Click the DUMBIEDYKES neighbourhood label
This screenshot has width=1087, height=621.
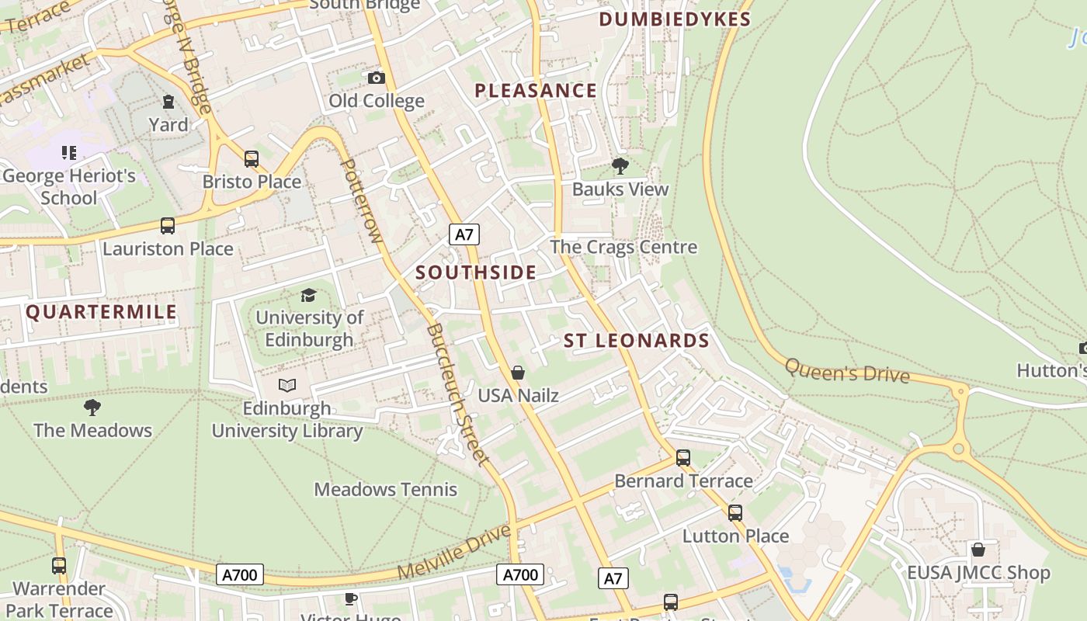675,19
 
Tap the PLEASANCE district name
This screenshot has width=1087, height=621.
536,91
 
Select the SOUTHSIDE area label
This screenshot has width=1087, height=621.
476,272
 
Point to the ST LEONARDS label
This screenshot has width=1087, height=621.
636,341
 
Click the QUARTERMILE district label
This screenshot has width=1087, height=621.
102,312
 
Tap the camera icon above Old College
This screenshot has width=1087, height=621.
377,78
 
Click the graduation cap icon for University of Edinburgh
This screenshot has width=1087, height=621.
309,296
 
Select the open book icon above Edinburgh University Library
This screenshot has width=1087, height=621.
287,385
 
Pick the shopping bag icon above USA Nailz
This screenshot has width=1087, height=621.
518,373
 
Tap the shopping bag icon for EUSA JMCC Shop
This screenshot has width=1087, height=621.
978,550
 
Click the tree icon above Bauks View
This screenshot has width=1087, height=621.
620,165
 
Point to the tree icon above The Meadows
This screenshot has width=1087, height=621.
92,407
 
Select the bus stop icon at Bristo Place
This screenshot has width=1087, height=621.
252,159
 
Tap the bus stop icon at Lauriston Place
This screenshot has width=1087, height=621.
168,226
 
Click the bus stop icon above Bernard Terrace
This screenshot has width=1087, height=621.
683,458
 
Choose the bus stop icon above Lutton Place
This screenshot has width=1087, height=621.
735,513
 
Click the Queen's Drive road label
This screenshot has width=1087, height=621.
846,371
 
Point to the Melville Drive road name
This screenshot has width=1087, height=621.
455,552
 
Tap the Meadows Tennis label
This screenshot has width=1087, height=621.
385,490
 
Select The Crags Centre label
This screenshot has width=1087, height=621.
623,248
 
